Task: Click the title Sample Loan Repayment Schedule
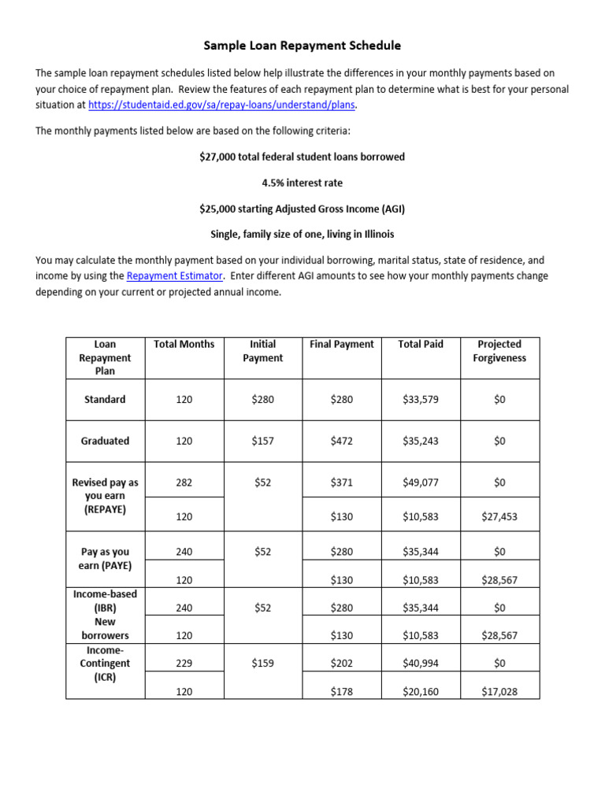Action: pos(302,46)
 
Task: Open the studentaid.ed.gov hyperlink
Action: pos(221,105)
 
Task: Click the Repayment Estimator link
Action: pos(175,275)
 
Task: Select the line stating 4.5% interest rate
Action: pos(302,183)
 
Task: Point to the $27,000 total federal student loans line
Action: pos(302,157)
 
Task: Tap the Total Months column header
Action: pos(184,344)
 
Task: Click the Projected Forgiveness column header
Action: pos(499,351)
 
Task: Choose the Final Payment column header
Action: pos(342,344)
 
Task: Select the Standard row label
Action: pos(105,400)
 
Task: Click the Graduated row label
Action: pos(105,441)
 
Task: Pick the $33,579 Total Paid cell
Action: pos(421,400)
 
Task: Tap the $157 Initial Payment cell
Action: pos(262,441)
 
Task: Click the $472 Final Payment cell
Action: pos(342,441)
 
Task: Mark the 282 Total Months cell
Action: pos(184,482)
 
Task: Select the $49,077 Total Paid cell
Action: pos(421,482)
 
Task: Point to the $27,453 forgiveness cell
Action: pos(499,517)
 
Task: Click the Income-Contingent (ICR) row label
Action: pos(105,664)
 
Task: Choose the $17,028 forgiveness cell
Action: pos(499,692)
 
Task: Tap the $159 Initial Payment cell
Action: pos(262,664)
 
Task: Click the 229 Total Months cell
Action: pos(184,664)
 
